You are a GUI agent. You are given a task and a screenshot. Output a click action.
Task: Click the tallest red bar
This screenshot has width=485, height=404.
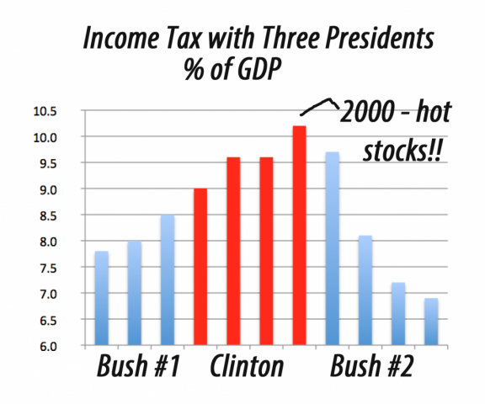point(299,236)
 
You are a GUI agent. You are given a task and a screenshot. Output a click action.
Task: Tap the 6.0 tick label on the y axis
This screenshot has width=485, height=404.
point(71,346)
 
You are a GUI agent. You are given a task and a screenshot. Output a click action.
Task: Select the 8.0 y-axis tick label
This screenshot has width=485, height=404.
point(71,242)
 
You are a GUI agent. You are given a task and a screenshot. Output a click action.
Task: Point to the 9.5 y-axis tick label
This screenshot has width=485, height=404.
point(71,163)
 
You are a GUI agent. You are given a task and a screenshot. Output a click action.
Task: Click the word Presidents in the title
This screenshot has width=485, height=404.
point(371,40)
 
